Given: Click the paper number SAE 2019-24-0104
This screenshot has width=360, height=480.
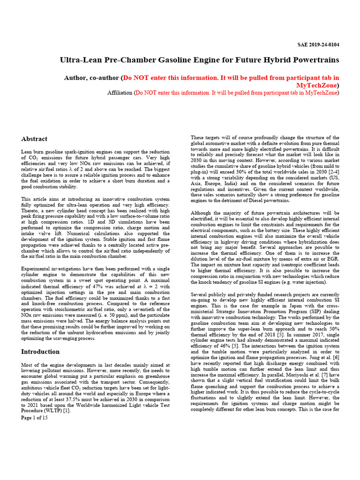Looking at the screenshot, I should point(318,45).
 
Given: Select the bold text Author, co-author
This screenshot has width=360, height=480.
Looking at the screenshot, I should point(91,77).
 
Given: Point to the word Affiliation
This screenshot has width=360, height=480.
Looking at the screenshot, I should point(120,93).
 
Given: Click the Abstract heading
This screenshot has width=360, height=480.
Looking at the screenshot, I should point(34,139).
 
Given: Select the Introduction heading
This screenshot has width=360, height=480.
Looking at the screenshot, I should point(40,352).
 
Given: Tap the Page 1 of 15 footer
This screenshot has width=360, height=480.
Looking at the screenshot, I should point(35,418).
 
